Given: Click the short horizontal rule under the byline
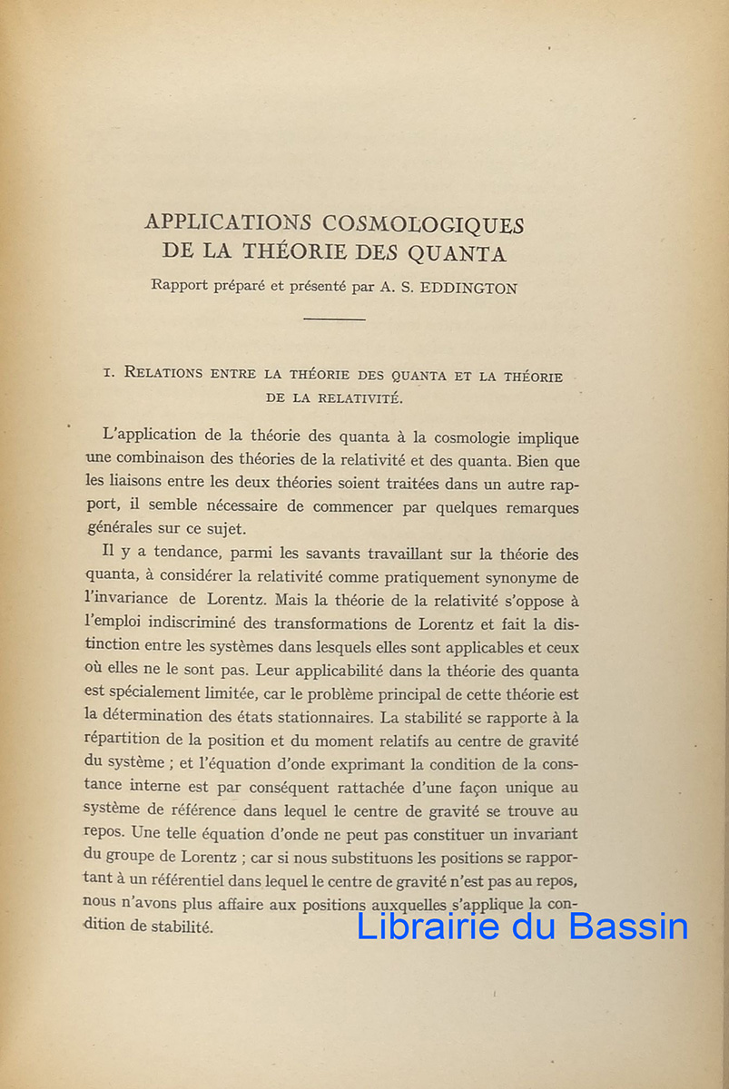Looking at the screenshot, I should (x=334, y=319).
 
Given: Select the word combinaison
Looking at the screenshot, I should (x=168, y=461).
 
